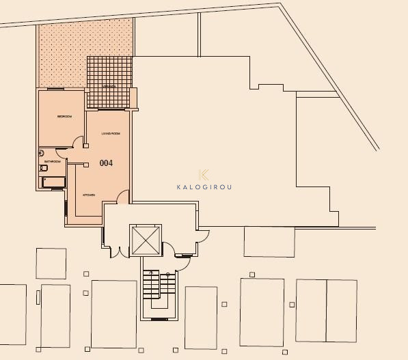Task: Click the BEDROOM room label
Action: [65, 116]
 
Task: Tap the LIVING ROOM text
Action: [111, 133]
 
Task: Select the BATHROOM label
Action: [53, 162]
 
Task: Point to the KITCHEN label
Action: [89, 195]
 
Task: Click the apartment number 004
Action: [106, 163]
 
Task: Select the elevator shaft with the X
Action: [146, 239]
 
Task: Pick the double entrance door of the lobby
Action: [118, 251]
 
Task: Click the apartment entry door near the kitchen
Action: [122, 197]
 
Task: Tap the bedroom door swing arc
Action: [79, 143]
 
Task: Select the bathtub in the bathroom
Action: [54, 182]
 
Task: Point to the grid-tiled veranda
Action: [109, 81]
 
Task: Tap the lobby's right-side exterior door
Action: [203, 236]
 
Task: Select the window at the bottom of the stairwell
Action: [159, 319]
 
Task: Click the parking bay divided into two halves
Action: [326, 310]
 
